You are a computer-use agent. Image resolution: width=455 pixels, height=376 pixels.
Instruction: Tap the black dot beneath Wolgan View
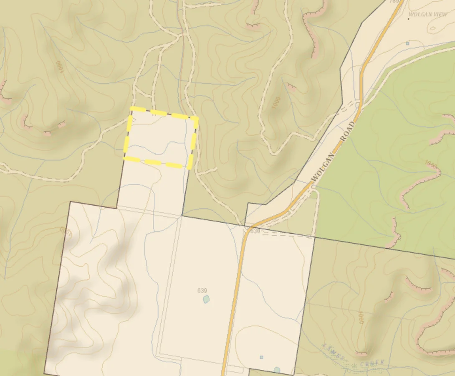coord(409,19)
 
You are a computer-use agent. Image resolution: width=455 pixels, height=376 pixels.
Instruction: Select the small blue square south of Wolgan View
coord(407,43)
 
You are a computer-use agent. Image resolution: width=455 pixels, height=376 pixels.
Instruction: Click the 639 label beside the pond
coord(202,290)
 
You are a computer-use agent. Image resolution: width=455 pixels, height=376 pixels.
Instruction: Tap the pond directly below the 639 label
coord(205,299)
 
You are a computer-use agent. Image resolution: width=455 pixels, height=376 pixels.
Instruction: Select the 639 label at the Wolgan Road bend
coord(255,231)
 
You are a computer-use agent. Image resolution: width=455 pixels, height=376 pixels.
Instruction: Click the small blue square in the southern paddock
coord(261,357)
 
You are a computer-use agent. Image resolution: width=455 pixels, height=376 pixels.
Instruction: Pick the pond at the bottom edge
coord(277,370)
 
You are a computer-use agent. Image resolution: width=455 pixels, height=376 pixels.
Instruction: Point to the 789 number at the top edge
coord(394,1)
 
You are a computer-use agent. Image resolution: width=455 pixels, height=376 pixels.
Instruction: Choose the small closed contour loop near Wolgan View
coord(433,28)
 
